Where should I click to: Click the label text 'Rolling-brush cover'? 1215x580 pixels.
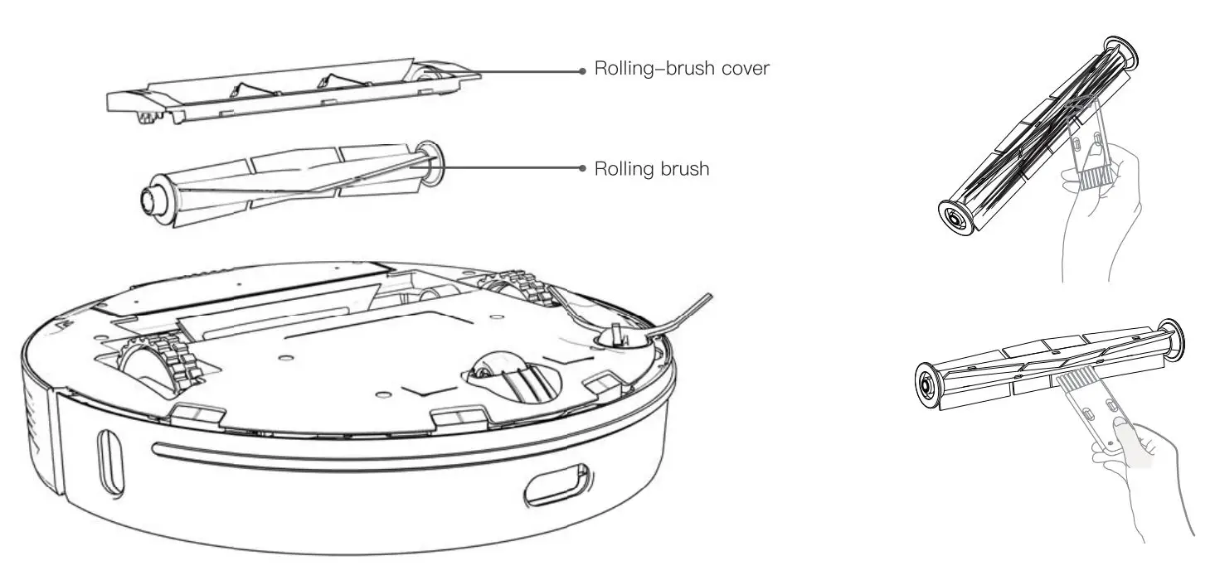click(683, 70)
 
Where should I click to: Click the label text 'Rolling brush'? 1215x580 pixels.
click(652, 169)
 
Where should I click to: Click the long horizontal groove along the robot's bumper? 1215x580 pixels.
click(348, 460)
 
